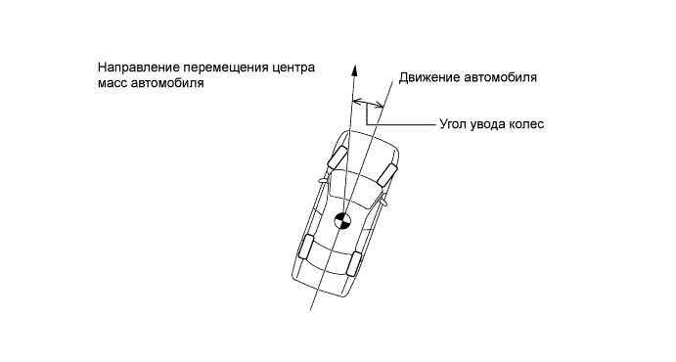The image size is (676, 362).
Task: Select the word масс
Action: [113, 84]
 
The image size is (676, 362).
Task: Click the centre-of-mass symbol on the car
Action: [341, 221]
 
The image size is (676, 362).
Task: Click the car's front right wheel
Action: [386, 175]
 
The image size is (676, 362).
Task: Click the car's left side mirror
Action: [323, 181]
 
